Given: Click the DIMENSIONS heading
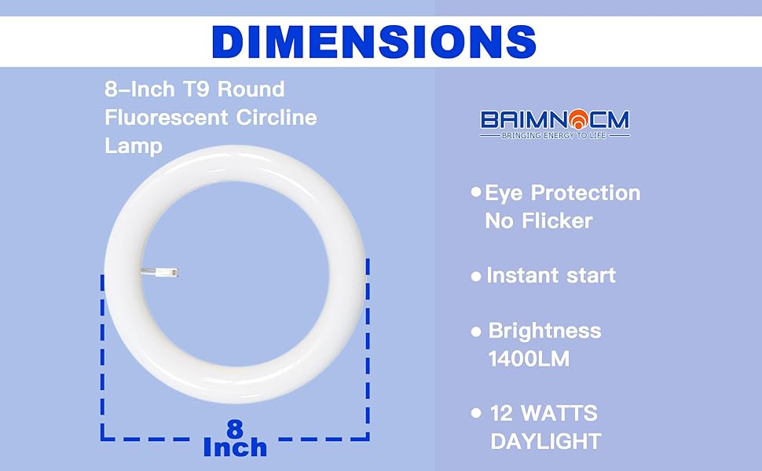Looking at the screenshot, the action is [374, 42].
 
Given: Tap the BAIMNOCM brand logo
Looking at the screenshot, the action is [555, 124].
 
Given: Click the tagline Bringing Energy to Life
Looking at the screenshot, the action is [554, 136].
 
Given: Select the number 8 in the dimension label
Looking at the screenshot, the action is [235, 429].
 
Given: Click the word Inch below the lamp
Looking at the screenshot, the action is [235, 447].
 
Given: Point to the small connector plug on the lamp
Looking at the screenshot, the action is [160, 272].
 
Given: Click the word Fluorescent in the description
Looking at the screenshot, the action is [167, 118].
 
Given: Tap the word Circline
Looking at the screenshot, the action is [277, 118].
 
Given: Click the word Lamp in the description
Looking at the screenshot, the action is [134, 146].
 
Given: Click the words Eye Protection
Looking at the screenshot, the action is [562, 193].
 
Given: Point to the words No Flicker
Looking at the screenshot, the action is [538, 221].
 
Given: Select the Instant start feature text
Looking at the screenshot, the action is [551, 276].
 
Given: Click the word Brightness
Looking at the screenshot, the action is [544, 330].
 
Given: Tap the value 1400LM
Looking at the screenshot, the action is [529, 359].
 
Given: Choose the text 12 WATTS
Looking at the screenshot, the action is [544, 413].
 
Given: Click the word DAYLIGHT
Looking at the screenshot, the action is [546, 441].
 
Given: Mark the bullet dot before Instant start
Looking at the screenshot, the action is [476, 277].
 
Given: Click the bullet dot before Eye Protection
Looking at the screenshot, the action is [476, 192].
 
